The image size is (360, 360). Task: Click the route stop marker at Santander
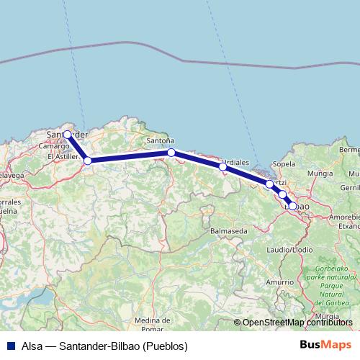[x=67, y=134]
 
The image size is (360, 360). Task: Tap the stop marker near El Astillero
[x=87, y=161]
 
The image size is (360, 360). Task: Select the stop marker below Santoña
[x=171, y=152]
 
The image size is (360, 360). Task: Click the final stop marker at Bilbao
[x=292, y=206]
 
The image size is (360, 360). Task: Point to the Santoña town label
[x=160, y=141]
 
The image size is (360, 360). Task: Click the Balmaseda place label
[x=229, y=230]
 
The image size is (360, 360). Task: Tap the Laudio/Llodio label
[x=293, y=248]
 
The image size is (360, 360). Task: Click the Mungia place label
[x=319, y=174]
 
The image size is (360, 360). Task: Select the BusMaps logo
[x=321, y=346]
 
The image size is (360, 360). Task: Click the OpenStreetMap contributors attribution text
[x=297, y=323]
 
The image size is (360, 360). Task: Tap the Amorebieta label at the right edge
[x=344, y=215]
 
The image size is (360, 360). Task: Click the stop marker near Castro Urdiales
[x=222, y=166]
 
